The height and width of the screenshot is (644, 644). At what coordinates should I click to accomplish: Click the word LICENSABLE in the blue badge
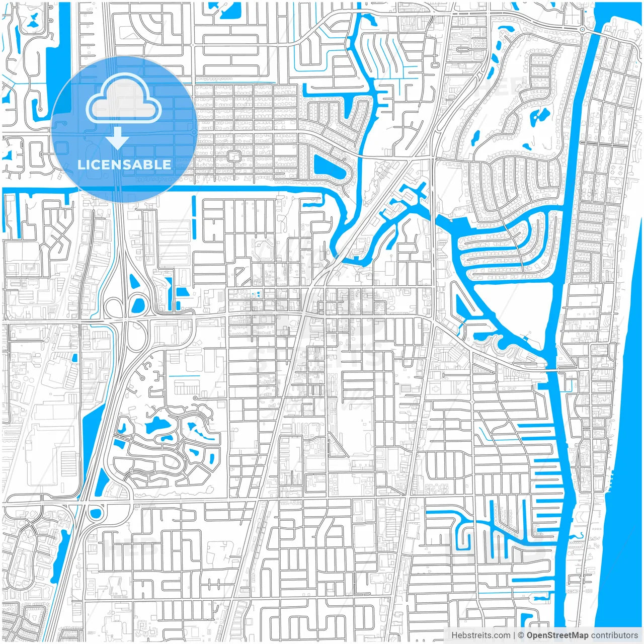[124, 165]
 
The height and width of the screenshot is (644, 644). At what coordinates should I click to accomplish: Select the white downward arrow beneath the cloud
[118, 138]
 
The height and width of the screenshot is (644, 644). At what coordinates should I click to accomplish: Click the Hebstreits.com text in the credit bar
[480, 635]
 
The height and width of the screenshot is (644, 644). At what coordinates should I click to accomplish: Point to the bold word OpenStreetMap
[557, 635]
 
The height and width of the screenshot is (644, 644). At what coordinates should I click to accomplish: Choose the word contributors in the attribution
[614, 635]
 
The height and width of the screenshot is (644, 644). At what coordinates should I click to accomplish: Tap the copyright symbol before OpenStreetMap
[521, 635]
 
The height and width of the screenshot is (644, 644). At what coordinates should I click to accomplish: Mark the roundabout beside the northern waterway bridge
[582, 30]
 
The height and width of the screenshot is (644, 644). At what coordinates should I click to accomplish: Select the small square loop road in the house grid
[232, 156]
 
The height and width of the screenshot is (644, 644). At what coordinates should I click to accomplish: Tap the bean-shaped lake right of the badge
[330, 168]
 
